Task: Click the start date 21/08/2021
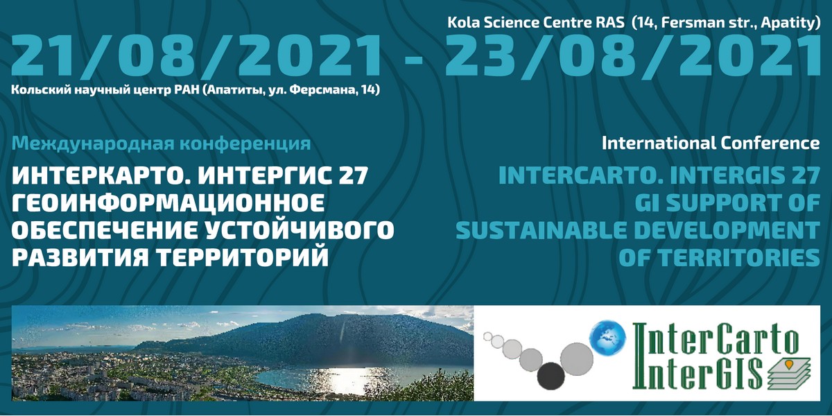(x=196, y=56)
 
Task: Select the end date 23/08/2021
(x=632, y=56)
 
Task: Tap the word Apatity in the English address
(x=788, y=23)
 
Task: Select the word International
(x=659, y=143)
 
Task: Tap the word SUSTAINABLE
(x=541, y=231)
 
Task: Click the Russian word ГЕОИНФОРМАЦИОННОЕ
(x=168, y=203)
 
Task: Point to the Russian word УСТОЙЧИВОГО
(x=299, y=231)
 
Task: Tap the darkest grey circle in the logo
(x=551, y=376)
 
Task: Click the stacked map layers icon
(x=789, y=375)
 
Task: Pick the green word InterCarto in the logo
(x=716, y=339)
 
